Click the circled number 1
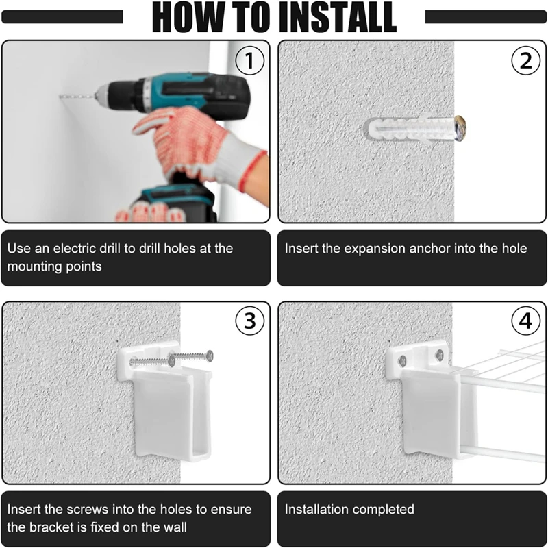pos(249,60)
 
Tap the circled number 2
pos(525,60)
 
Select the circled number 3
pos(249,321)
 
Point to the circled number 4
pos(525,321)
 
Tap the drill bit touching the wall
pos(77,96)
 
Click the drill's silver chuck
pos(101,95)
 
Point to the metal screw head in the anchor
pos(460,128)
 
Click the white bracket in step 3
pos(164,402)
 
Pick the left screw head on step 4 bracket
pos(403,360)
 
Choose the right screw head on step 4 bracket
pos(440,355)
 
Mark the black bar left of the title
pos(62,16)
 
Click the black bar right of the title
pos(486,16)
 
